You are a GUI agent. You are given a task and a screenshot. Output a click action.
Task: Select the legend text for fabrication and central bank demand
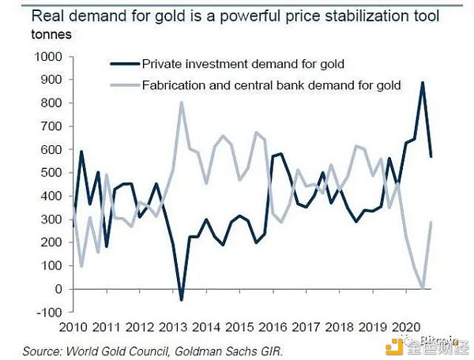click(271, 84)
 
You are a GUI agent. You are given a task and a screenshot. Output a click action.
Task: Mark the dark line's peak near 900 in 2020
click(423, 82)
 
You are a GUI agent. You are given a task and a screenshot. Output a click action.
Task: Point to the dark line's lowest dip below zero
click(181, 299)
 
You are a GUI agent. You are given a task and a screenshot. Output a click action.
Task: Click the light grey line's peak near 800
click(181, 103)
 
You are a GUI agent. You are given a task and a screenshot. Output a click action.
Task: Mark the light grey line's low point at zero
click(423, 288)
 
